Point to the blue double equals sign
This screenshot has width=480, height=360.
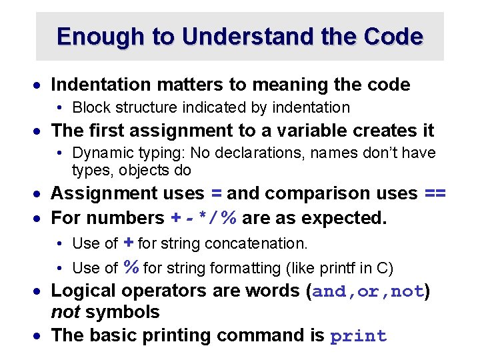click(435, 193)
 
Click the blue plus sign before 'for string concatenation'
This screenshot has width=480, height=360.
click(129, 243)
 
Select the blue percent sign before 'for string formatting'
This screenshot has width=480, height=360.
click(131, 267)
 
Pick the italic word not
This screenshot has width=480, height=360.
click(64, 312)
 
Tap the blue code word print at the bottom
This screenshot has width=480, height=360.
click(359, 336)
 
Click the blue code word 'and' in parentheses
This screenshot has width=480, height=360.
click(331, 292)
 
